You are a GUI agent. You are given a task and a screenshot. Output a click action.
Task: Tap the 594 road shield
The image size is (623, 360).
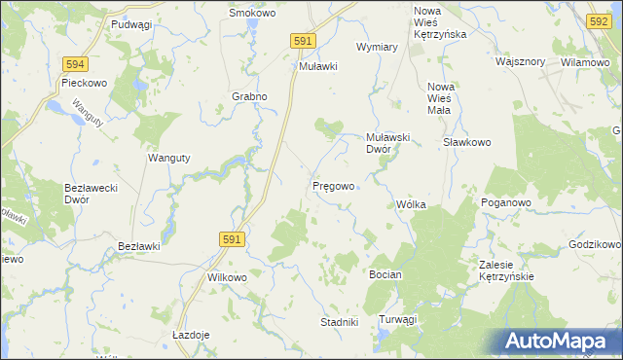[x=75, y=63]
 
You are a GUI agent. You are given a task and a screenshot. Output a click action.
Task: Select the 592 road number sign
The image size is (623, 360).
[x=600, y=20]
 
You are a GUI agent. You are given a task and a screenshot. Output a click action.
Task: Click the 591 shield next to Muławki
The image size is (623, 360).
[x=303, y=40]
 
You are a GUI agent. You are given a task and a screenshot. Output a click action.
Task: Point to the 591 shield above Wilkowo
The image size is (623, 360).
[x=231, y=237]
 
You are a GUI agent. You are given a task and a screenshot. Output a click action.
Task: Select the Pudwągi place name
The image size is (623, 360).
[x=131, y=24]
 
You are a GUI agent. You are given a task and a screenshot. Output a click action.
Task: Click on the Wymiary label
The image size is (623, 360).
[x=378, y=47]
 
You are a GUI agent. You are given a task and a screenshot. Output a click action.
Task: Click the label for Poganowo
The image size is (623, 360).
[x=505, y=202]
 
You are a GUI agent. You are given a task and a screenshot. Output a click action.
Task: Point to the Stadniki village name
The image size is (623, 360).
[x=340, y=321]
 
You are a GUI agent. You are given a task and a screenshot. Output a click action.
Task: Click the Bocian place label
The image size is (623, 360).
[x=385, y=275]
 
